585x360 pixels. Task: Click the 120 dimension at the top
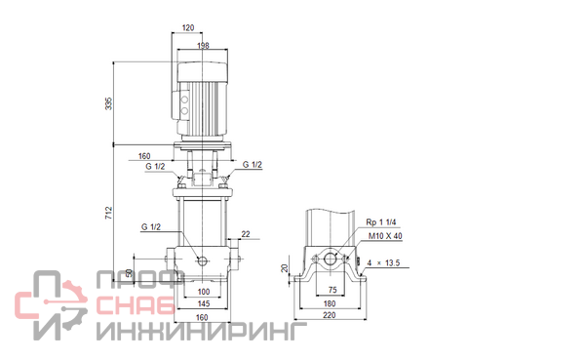(188, 27)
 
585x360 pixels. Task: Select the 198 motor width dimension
(203, 46)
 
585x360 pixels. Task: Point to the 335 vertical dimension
(108, 103)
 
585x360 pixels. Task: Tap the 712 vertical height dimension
(108, 213)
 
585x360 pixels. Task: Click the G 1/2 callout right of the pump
(253, 165)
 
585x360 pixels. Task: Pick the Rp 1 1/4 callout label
(381, 222)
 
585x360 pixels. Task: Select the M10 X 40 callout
(385, 236)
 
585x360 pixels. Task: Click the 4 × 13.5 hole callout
(383, 262)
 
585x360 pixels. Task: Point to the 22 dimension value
(246, 234)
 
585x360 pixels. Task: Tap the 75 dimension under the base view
(332, 290)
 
